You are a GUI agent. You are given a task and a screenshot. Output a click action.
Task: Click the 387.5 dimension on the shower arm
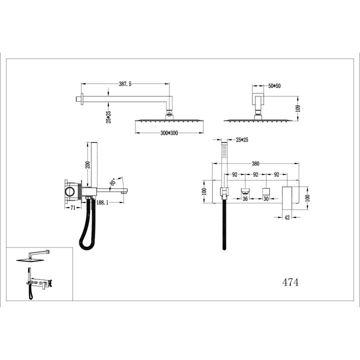pos(125,84)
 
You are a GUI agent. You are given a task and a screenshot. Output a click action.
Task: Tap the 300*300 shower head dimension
pos(169,133)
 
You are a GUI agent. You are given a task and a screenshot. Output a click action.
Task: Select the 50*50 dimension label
pos(274,86)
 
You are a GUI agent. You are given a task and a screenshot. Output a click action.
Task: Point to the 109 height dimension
pos(298,108)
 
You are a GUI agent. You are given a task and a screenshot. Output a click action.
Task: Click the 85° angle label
pos(113,182)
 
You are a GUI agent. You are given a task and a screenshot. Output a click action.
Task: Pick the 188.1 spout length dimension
pos(102,202)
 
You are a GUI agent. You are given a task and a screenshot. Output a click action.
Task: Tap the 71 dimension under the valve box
pos(73,208)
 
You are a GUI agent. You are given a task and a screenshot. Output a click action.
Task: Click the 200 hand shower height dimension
pos(87,164)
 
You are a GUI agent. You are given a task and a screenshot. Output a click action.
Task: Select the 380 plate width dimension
pos(255,163)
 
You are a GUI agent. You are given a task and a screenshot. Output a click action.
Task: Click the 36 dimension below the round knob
pos(245,198)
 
